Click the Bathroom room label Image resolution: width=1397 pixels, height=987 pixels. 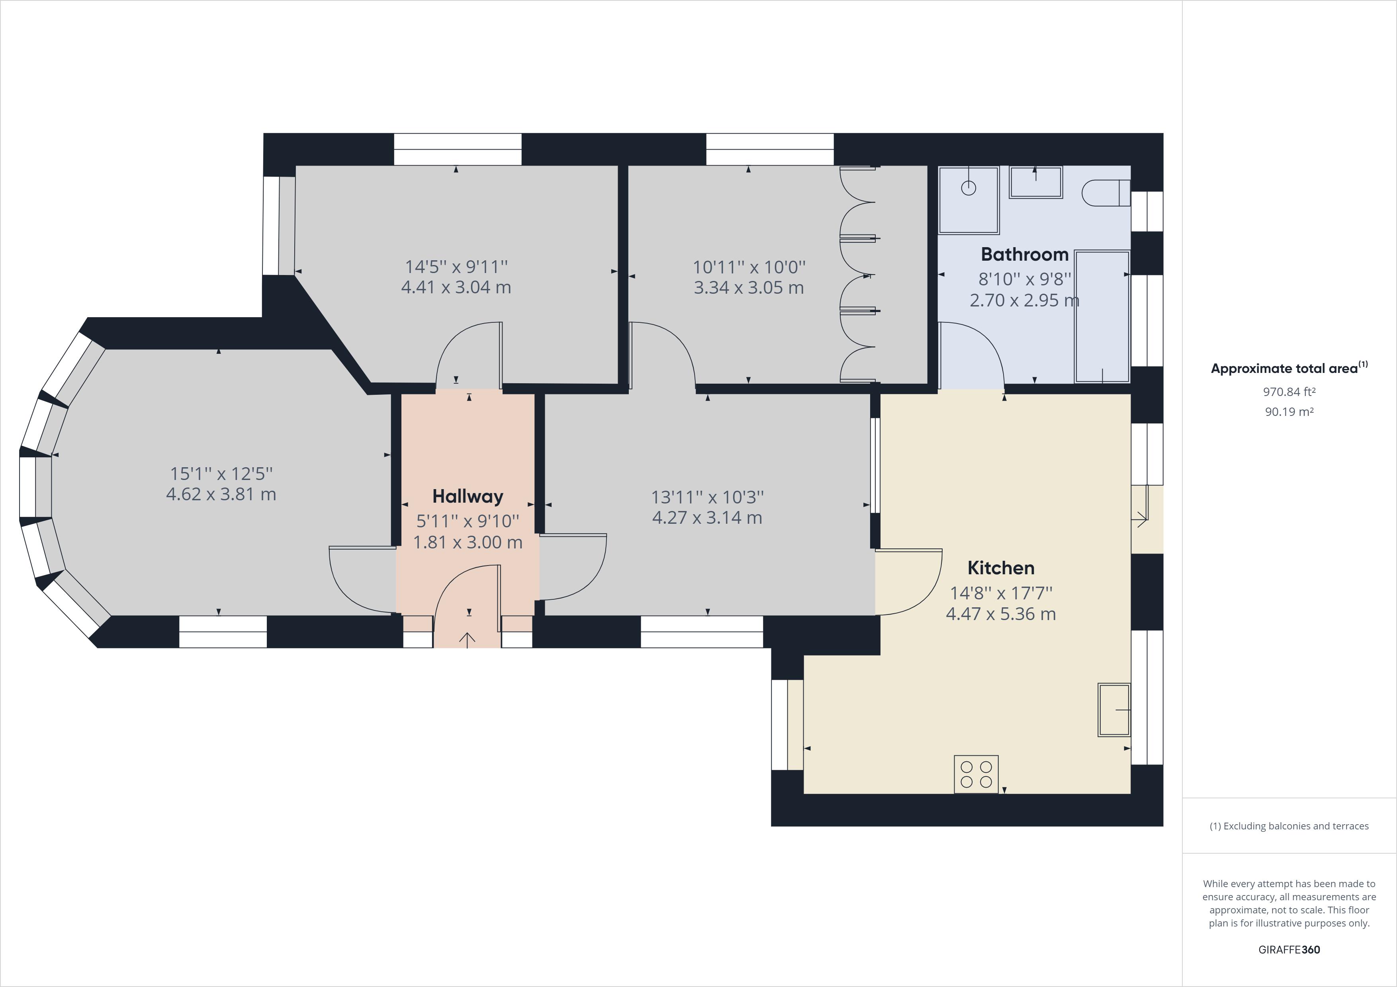click(1025, 254)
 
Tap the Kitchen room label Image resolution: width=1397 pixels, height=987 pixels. click(1001, 568)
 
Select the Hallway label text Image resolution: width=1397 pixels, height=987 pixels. click(467, 497)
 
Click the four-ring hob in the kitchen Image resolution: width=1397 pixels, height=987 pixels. click(976, 774)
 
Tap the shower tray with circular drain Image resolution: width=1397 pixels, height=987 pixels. click(969, 200)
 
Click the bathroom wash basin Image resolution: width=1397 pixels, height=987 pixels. click(1035, 182)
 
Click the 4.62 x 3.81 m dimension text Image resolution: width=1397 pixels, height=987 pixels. click(221, 494)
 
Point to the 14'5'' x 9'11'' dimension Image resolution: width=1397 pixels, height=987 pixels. click(456, 266)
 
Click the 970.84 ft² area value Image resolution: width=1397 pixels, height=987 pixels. click(1289, 392)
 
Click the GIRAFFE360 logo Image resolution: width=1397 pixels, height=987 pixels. click(1289, 949)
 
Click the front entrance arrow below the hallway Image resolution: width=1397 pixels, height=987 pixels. click(467, 639)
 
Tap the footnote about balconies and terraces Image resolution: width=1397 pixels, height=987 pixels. click(1289, 826)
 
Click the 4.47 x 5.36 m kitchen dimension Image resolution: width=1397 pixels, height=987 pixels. click(1000, 614)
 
